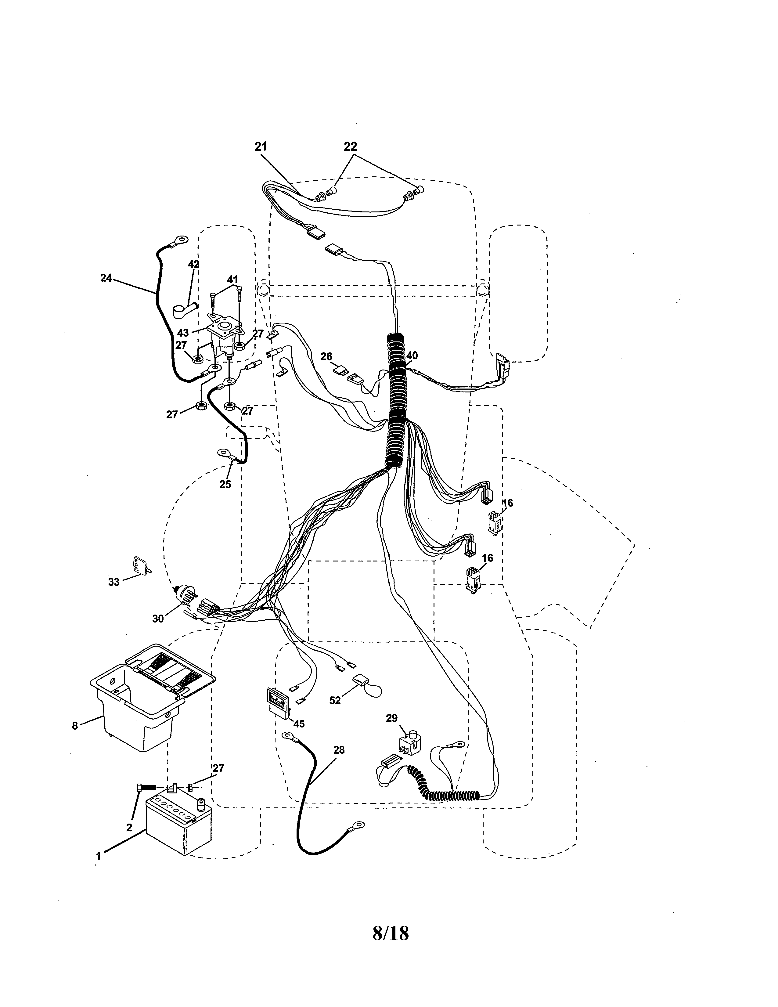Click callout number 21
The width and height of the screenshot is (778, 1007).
tap(261, 146)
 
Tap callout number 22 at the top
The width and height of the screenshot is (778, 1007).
tap(350, 146)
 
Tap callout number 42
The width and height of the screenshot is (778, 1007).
tap(193, 264)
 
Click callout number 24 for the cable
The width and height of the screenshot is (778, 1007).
tap(106, 278)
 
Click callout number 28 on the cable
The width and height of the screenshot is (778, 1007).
tap(339, 750)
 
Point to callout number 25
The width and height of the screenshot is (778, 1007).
tap(225, 484)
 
